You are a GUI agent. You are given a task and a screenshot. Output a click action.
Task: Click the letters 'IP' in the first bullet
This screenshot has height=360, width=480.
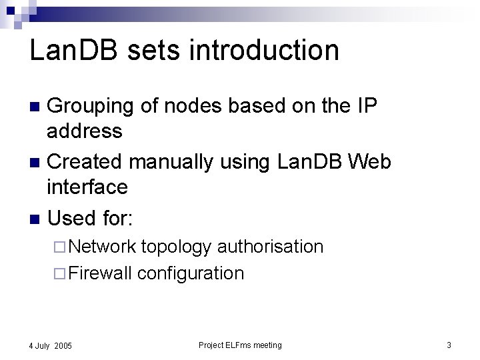click(x=367, y=105)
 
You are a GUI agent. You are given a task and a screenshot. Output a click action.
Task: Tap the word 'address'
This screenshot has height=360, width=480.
click(x=85, y=131)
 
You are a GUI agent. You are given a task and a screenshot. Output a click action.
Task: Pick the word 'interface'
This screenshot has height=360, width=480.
click(x=87, y=187)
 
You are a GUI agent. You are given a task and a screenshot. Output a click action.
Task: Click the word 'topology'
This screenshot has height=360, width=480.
click(x=177, y=247)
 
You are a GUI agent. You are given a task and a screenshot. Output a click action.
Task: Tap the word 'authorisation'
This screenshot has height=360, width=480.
click(x=271, y=247)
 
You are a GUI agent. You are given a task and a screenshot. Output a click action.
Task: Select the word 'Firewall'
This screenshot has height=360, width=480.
click(x=100, y=273)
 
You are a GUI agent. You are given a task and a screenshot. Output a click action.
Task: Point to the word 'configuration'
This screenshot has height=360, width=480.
click(x=191, y=273)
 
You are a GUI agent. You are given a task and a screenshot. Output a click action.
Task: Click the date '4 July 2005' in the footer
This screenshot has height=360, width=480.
click(x=50, y=346)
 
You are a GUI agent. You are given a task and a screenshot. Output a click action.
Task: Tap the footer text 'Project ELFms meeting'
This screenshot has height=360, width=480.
click(x=240, y=345)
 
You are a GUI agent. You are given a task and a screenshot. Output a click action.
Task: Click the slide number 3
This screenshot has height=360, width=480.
click(x=449, y=345)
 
